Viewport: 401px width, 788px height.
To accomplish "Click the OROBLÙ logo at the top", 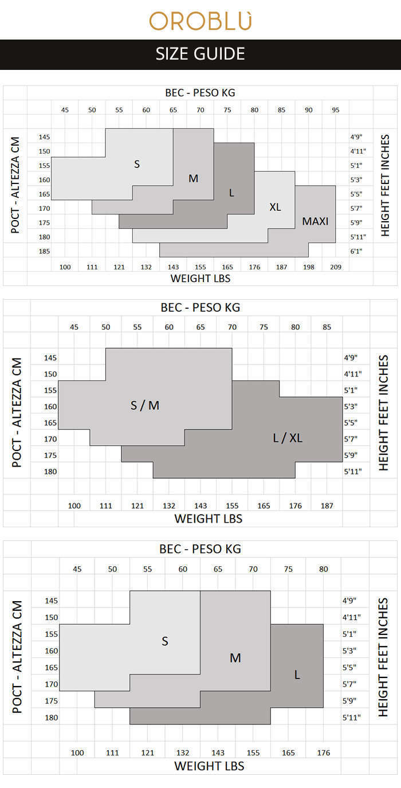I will click(x=200, y=21).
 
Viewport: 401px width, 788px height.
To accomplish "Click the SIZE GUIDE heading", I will click(x=200, y=54).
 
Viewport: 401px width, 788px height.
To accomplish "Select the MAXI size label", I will click(x=316, y=221).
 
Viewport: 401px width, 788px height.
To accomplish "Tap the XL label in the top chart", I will click(x=275, y=207).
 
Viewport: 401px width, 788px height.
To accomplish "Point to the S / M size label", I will click(x=145, y=406).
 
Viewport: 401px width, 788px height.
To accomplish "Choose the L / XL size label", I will click(x=288, y=438).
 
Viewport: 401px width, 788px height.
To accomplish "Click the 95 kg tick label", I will click(x=336, y=109).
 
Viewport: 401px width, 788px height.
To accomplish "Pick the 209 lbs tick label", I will click(x=336, y=267).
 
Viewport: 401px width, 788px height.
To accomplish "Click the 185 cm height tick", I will click(x=45, y=251).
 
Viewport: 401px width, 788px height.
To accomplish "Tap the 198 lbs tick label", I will click(x=309, y=267).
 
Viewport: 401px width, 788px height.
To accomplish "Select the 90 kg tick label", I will click(x=309, y=109).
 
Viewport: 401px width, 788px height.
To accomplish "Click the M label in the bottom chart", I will click(x=235, y=658).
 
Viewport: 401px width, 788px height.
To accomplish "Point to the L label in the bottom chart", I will click(x=297, y=675).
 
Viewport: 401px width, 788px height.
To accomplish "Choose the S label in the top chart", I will click(x=137, y=164).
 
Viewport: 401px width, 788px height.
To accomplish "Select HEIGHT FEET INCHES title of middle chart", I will click(x=384, y=413).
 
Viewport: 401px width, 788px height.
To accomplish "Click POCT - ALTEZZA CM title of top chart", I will click(x=15, y=185).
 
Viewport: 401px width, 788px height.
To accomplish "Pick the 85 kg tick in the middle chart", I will click(x=327, y=327).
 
